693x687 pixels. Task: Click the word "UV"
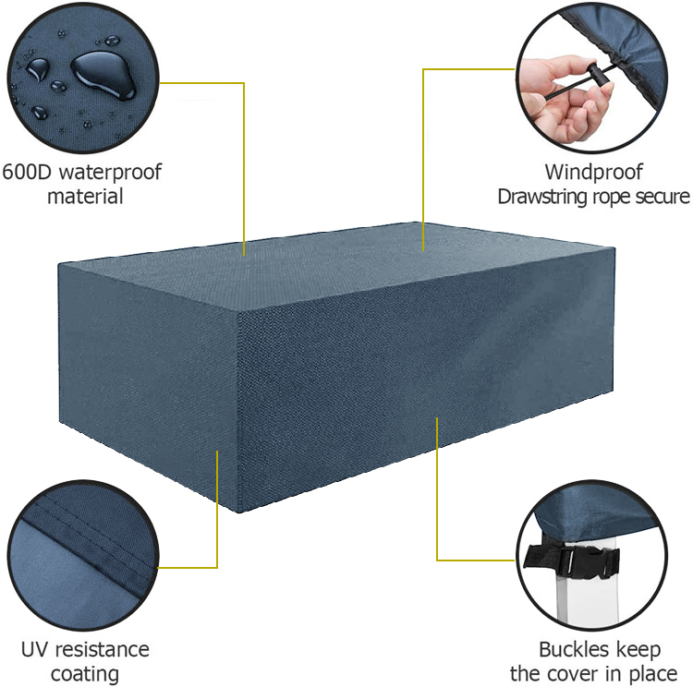pyautogui.click(x=35, y=650)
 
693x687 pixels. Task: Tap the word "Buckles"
pyautogui.click(x=574, y=650)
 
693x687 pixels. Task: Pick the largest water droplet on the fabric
pyautogui.click(x=103, y=75)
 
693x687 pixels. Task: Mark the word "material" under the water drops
pyautogui.click(x=85, y=197)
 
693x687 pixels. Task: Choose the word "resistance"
pyautogui.click(x=103, y=650)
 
